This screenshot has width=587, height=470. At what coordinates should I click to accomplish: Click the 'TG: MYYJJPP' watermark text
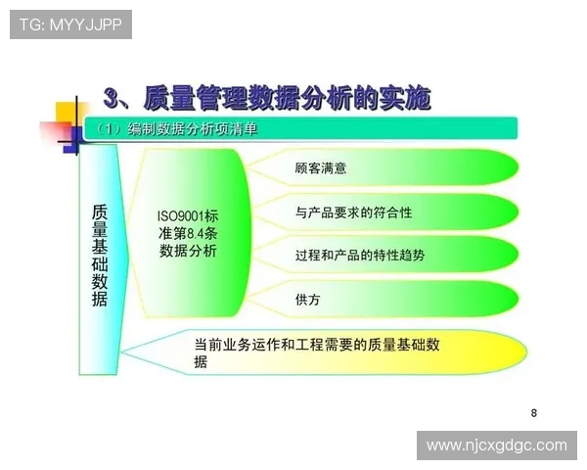pos(70,24)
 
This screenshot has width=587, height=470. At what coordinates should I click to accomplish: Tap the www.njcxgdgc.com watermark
pos(496,445)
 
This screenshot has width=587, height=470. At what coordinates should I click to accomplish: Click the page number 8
pos(533,412)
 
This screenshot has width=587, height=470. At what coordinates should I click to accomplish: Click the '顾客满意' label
pos(320,168)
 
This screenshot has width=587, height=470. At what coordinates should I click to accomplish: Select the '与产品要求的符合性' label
pos(353,211)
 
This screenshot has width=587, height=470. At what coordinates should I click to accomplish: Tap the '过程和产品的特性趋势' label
pos(359,255)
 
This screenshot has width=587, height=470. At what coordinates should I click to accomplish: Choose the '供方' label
pos(307,299)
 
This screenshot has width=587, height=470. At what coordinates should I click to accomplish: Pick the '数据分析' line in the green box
pos(188,252)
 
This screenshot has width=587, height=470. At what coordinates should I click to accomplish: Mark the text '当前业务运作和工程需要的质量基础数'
pos(317,344)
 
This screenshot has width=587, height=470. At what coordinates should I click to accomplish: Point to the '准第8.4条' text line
pos(188,234)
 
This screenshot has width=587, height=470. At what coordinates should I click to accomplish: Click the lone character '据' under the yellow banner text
pos(201,362)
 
